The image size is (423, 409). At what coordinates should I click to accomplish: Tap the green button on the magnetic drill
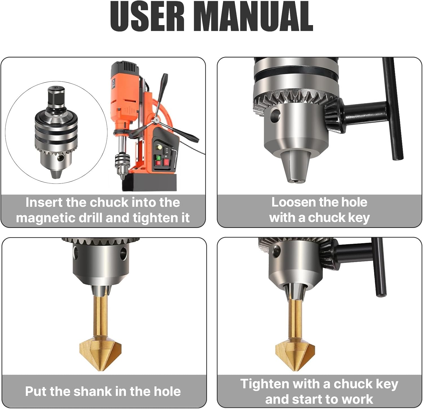(158, 158)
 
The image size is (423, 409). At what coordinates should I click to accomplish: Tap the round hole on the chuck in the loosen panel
(275, 116)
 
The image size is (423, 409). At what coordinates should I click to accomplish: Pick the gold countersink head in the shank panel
(100, 353)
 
